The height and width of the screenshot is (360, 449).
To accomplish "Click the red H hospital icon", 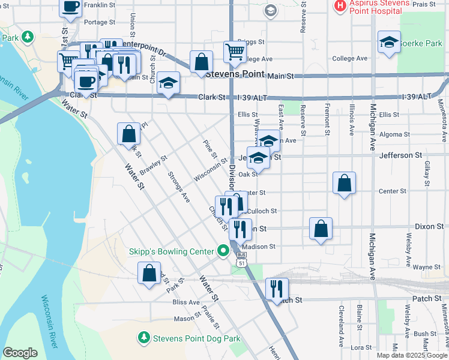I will [x=340, y=6].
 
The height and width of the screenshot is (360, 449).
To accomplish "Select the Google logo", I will [x=20, y=353].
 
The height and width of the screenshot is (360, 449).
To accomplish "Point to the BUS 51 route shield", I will [x=241, y=259].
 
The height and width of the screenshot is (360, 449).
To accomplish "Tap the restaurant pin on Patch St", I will [x=276, y=288].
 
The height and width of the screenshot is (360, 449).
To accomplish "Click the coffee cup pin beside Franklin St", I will [x=70, y=7].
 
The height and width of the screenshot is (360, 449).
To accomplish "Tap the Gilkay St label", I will [x=427, y=174].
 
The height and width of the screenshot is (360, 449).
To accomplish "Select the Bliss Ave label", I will [x=181, y=302].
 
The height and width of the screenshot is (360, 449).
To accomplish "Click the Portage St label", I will [x=95, y=22].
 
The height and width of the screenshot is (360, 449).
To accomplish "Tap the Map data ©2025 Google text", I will [x=412, y=355].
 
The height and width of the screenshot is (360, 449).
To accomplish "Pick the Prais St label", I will [x=423, y=4].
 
